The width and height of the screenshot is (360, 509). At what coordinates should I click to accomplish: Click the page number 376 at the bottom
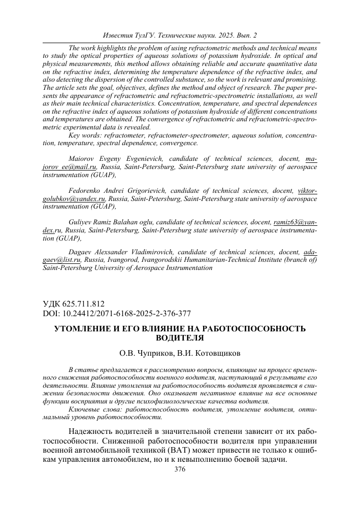pos(180,470)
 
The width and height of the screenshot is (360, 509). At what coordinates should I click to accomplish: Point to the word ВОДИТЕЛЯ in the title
pos(180,337)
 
